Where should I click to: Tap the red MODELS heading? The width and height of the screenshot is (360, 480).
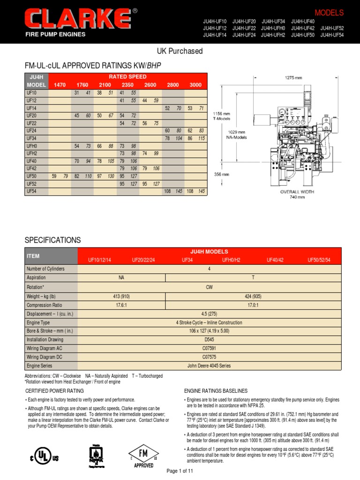pyautogui.click(x=329, y=13)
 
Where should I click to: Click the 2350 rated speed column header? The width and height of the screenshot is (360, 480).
pyautogui.click(x=127, y=85)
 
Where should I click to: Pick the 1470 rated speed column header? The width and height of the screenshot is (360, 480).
pyautogui.click(x=60, y=85)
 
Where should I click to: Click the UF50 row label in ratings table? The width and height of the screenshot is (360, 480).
pyautogui.click(x=32, y=176)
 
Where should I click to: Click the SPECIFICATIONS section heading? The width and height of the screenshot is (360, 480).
pyautogui.click(x=52, y=240)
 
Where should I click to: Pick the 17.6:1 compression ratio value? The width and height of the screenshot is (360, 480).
pyautogui.click(x=122, y=305)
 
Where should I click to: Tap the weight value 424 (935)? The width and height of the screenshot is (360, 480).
pyautogui.click(x=253, y=296)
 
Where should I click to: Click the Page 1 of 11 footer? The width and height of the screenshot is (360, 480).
pyautogui.click(x=180, y=470)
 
